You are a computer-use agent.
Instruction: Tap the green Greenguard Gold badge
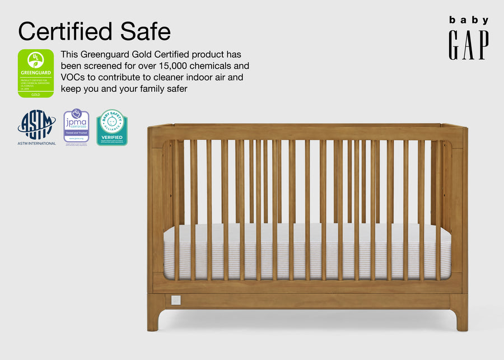tap(36, 73)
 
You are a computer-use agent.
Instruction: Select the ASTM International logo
tap(36, 124)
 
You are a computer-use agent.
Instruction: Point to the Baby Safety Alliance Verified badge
tap(111, 127)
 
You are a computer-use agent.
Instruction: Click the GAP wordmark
tap(468, 45)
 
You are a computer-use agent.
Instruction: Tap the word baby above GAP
tap(468, 20)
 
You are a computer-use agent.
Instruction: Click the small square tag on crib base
tap(175, 300)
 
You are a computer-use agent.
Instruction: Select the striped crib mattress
tap(307, 252)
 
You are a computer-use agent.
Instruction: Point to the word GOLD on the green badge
tap(36, 94)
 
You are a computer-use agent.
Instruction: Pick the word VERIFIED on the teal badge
tap(111, 137)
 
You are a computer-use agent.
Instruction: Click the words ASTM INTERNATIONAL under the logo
tap(36, 143)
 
